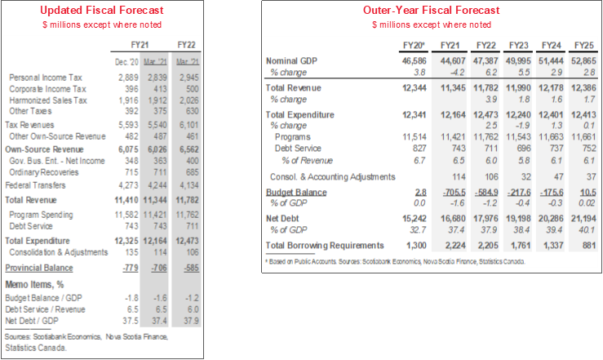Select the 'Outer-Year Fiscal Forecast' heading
(x=432, y=11)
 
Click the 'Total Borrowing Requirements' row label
(x=325, y=245)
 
